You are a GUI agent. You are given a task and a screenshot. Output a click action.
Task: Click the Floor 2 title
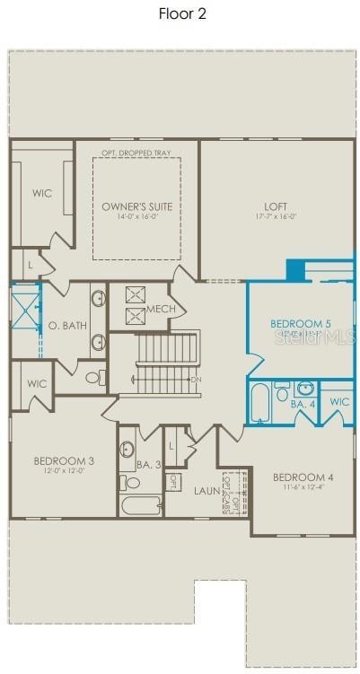182,13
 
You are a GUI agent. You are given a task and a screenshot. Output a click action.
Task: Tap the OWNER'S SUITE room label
136,206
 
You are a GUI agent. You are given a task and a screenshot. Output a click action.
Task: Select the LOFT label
276,206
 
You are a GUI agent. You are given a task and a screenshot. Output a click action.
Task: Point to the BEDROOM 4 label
303,477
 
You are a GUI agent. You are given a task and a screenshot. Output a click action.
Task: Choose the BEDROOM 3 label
64,461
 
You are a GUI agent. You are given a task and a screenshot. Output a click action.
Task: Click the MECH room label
161,310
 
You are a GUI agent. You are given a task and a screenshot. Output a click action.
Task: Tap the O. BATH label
67,325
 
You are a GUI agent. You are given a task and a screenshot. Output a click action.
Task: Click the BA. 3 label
149,464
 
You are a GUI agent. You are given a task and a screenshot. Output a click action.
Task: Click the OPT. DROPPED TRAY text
136,153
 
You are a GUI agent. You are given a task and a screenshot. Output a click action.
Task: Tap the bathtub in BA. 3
141,506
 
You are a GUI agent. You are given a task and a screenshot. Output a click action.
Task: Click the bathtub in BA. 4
260,404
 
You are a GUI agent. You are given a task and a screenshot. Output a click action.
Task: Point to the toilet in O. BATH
93,378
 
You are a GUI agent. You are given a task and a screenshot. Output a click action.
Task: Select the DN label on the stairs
196,380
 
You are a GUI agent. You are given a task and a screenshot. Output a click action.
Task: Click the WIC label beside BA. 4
338,402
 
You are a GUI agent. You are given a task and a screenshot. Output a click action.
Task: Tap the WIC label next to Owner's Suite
42,193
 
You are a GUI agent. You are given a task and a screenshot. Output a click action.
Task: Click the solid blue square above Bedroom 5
295,269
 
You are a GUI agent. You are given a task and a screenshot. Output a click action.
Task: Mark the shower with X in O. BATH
23,308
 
